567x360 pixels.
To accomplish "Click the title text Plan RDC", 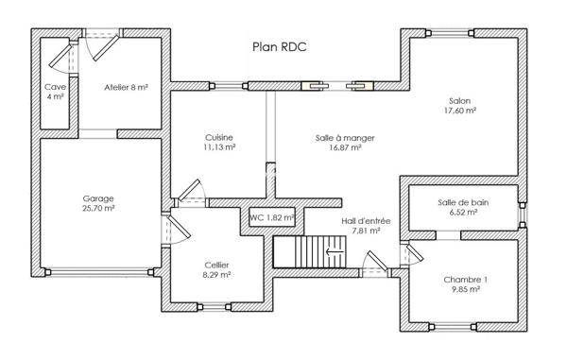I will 280,45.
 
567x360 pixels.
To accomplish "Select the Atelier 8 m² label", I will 126,86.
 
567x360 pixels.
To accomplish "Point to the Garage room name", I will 98,198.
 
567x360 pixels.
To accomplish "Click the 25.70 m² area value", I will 98,209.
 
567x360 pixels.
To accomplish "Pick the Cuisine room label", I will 218,137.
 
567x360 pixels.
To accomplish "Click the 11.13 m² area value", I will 218,147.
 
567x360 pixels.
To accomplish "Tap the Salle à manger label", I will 345,137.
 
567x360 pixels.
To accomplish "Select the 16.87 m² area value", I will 345,147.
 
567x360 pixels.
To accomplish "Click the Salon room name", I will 460,100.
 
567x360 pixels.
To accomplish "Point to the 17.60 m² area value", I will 460,111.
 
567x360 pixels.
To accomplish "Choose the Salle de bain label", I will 463,202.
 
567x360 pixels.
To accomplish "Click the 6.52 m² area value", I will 463,213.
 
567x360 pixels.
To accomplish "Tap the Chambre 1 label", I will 465,280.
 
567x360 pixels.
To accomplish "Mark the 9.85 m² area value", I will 465,290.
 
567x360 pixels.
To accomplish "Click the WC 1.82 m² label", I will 272,217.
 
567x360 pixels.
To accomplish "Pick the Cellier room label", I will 217,265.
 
